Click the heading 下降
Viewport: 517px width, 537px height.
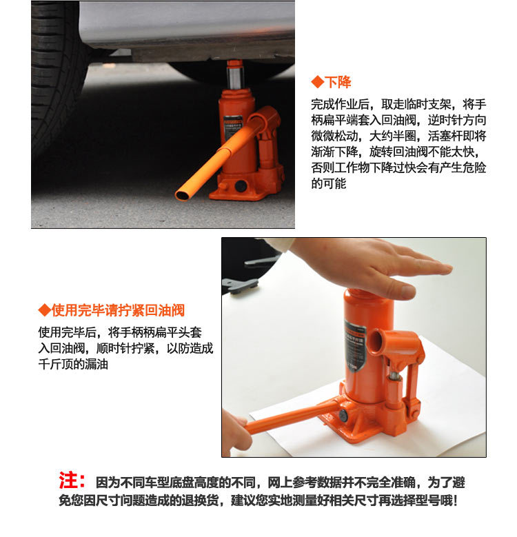tap(338, 83)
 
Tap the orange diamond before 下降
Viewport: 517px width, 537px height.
tap(317, 83)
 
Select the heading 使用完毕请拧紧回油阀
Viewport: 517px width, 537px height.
tap(118, 310)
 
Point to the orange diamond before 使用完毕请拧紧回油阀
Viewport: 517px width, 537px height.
tap(45, 310)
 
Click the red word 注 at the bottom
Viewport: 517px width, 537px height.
tap(68, 480)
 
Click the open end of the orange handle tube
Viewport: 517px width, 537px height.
tap(182, 195)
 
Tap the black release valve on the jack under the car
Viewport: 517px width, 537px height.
tap(241, 186)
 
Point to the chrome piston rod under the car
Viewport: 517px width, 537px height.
tap(235, 78)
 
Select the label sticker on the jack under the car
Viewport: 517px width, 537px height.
tap(232, 128)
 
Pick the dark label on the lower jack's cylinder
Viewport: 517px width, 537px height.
tap(355, 346)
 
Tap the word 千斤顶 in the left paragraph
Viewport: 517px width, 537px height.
tap(55, 364)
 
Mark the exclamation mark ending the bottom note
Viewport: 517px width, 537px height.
tap(455, 500)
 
